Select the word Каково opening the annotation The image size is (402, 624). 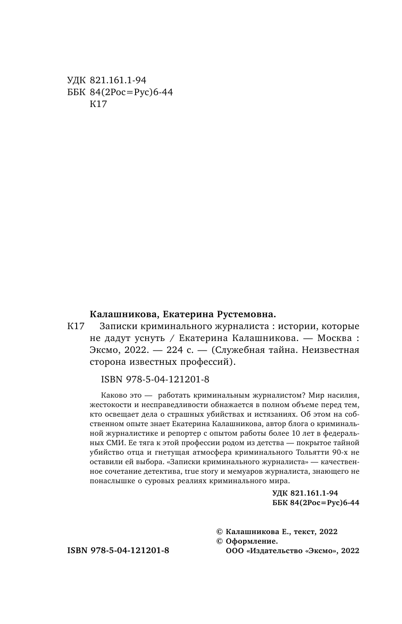(x=114, y=395)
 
